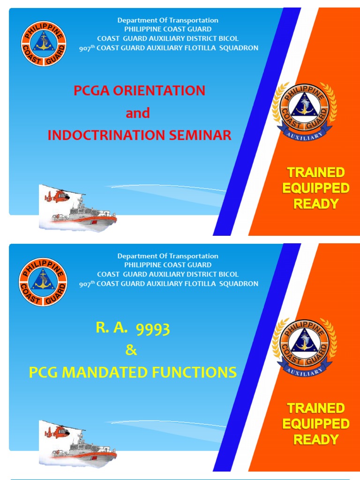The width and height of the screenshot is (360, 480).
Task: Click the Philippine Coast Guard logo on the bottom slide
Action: click(43, 281)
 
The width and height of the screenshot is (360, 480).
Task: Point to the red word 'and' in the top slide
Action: click(138, 113)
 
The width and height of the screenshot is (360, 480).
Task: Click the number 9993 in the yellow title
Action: click(152, 330)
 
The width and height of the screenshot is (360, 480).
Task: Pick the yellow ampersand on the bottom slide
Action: click(132, 351)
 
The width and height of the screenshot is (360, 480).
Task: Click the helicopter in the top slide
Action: click(57, 195)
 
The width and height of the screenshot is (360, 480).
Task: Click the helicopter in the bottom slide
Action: click(57, 432)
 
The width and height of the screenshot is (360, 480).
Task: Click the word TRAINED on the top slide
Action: click(316, 172)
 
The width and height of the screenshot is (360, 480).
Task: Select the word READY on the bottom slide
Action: click(316, 440)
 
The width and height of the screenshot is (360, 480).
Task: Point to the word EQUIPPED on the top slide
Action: click(316, 188)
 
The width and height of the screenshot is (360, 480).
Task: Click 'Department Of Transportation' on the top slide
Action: click(168, 20)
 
